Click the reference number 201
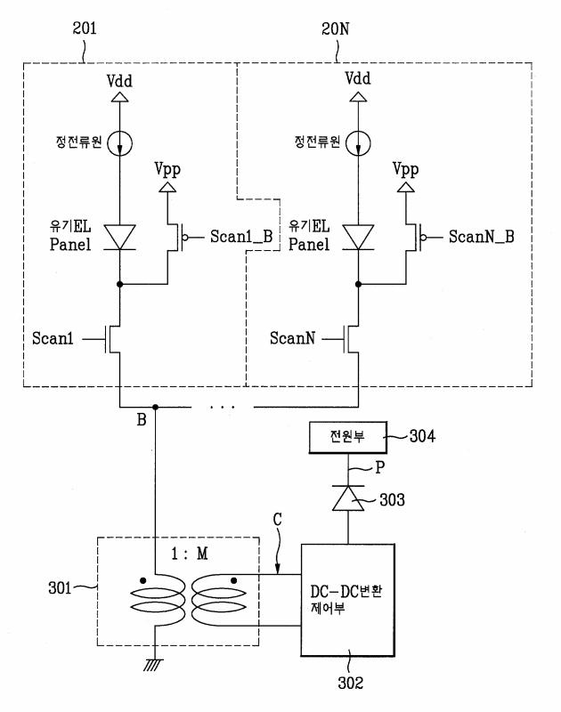click(85, 28)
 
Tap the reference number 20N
click(335, 29)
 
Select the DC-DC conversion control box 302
click(347, 600)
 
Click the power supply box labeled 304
click(347, 437)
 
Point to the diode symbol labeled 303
click(348, 498)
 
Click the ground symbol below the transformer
click(153, 665)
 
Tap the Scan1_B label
click(241, 237)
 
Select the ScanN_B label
click(482, 237)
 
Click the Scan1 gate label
click(53, 338)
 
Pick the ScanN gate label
click(293, 338)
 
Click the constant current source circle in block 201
click(120, 143)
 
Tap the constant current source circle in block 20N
click(358, 143)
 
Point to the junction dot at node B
click(155, 407)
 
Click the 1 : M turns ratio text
click(190, 554)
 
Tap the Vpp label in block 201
click(167, 169)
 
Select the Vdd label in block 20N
click(358, 78)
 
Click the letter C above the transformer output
click(277, 520)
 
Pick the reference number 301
click(60, 588)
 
